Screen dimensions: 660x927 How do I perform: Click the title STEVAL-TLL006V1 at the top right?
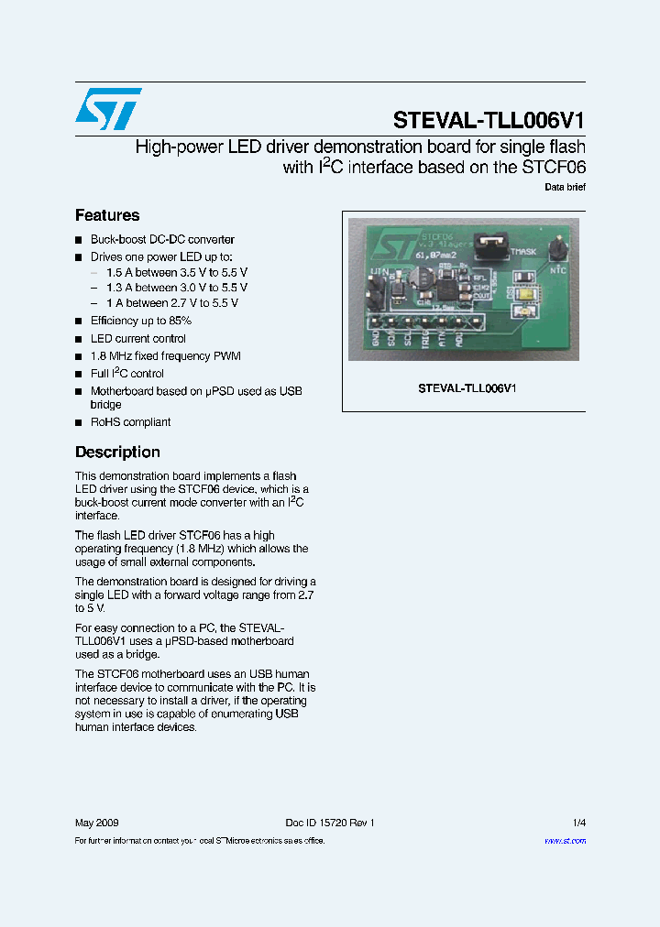[x=489, y=120]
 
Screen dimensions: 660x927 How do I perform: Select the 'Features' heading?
[x=107, y=215]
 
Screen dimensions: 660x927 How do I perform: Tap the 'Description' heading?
[x=117, y=452]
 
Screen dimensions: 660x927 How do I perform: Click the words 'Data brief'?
[x=565, y=187]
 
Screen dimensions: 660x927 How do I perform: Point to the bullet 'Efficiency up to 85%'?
[x=141, y=321]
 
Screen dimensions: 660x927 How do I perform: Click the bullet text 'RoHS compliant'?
[x=130, y=422]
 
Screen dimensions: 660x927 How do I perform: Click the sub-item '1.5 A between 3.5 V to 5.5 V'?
[x=177, y=273]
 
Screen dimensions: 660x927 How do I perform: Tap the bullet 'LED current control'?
[x=137, y=338]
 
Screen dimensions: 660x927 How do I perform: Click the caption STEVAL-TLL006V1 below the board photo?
[x=467, y=387]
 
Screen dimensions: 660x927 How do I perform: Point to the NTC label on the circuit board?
[x=557, y=270]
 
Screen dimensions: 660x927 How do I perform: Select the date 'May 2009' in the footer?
[x=96, y=823]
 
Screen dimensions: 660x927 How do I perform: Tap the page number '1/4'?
[x=578, y=823]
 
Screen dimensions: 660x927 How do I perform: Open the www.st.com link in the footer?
[x=565, y=840]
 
